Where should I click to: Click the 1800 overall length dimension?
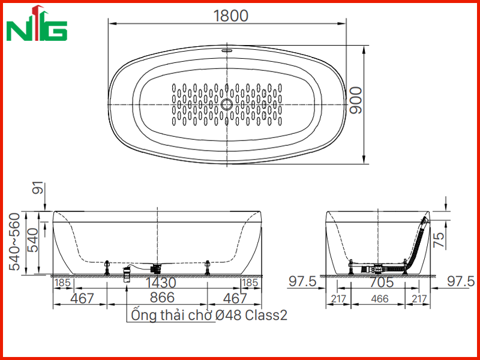pos(230,16)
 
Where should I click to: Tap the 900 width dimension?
pos(356,100)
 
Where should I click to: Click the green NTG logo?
pos(37,23)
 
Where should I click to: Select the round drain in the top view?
pos(227,104)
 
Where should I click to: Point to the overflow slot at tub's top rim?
pos(227,50)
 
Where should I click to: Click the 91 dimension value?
pos(38,188)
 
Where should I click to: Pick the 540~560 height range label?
pos(14,242)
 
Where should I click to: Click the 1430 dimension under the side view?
pos(161,283)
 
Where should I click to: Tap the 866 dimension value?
pos(162,298)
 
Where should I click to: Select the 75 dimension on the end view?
pos(439,239)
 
